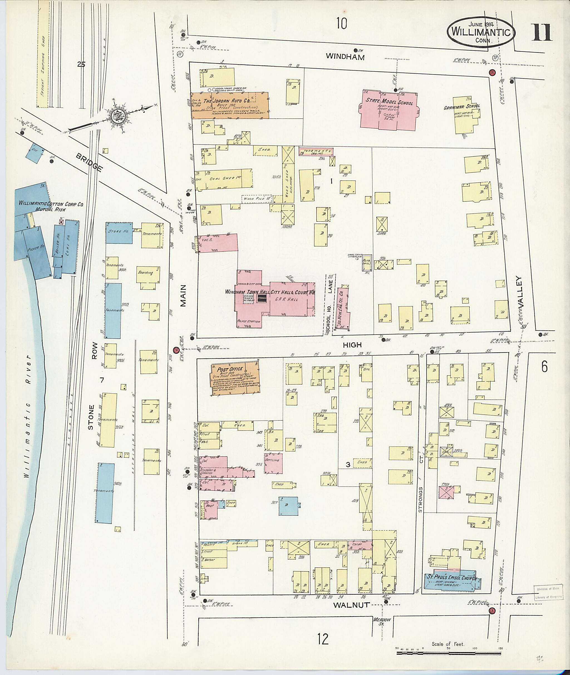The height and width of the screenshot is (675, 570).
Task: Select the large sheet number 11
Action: click(542, 34)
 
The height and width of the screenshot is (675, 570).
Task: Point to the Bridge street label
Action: click(89, 162)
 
